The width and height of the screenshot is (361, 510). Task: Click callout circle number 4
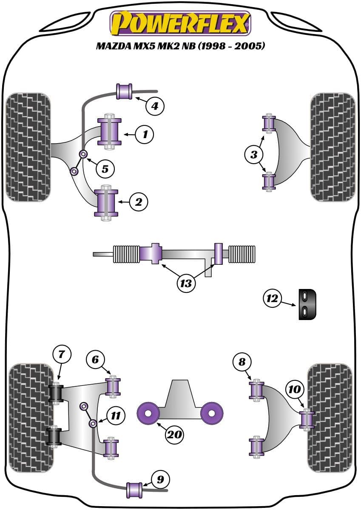(155, 106)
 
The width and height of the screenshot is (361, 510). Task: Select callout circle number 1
(145, 135)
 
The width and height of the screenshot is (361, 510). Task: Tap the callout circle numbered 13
(186, 283)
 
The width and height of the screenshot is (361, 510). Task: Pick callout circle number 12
(272, 298)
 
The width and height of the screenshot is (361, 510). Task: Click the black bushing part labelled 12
(307, 304)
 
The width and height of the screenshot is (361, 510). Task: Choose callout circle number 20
(175, 434)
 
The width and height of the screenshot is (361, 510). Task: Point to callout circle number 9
(160, 480)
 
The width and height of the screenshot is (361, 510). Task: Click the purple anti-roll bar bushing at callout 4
(125, 92)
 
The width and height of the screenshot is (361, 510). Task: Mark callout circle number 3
(254, 155)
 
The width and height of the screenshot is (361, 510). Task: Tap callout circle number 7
(62, 353)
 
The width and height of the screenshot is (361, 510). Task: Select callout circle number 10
(294, 389)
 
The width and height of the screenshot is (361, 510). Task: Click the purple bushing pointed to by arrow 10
(306, 419)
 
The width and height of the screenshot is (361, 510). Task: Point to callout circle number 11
(116, 415)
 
